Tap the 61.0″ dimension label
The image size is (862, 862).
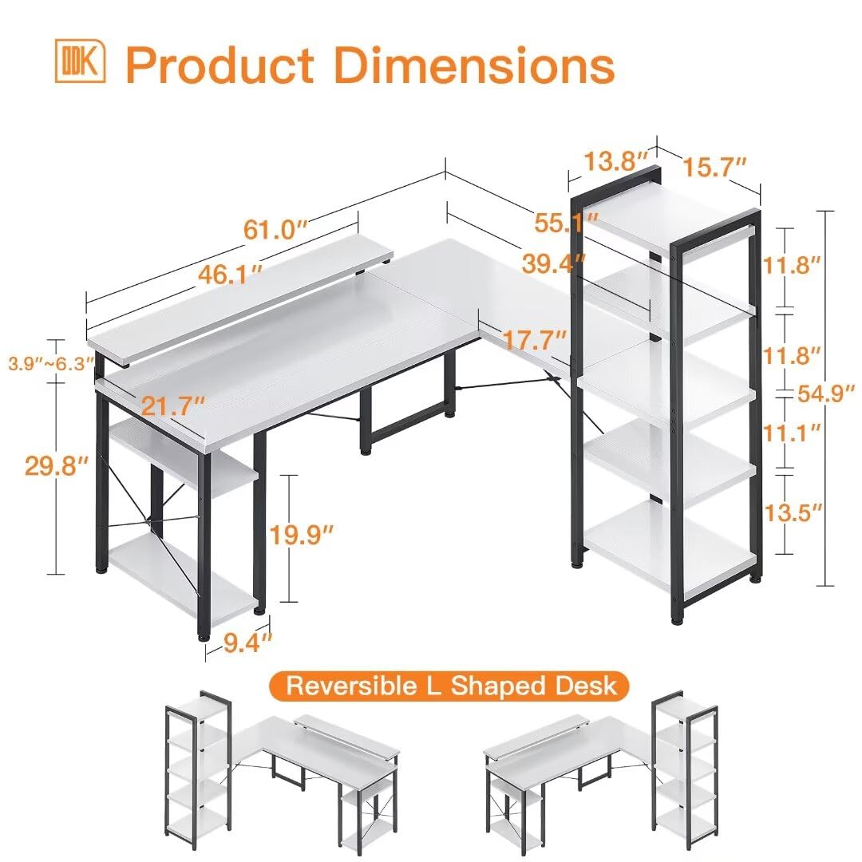(x=275, y=231)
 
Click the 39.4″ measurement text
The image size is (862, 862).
(x=554, y=262)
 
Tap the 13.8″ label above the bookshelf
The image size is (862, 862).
(x=615, y=161)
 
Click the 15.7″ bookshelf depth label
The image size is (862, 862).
(x=714, y=167)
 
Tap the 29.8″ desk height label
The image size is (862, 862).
(x=55, y=467)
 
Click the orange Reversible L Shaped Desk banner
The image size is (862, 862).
(x=448, y=686)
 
